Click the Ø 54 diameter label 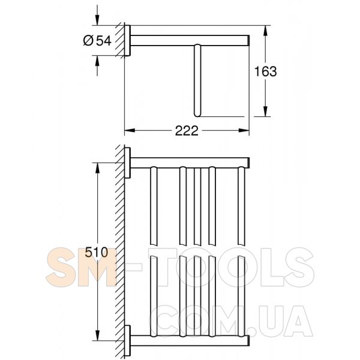click(x=97, y=41)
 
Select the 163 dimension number click(x=265, y=71)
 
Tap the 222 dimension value click(x=187, y=131)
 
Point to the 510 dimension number click(x=97, y=253)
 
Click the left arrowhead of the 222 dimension click(x=130, y=130)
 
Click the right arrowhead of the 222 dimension click(x=244, y=130)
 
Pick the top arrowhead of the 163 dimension click(x=265, y=31)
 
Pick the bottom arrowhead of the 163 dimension click(x=265, y=112)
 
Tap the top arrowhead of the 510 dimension click(x=97, y=168)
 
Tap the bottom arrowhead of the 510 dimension click(x=97, y=335)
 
